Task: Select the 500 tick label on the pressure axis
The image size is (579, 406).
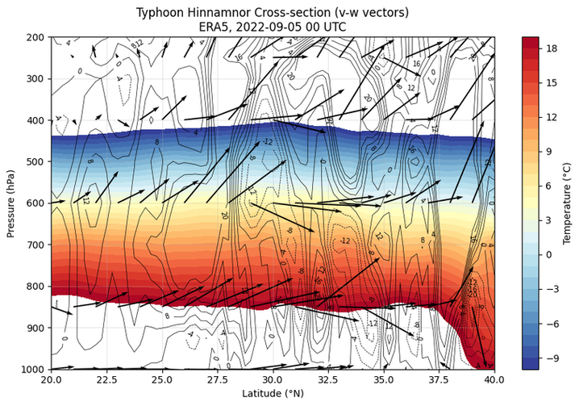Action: point(36,161)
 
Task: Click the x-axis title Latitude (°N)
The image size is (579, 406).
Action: point(273,394)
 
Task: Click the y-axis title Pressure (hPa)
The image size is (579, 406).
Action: point(10,203)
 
